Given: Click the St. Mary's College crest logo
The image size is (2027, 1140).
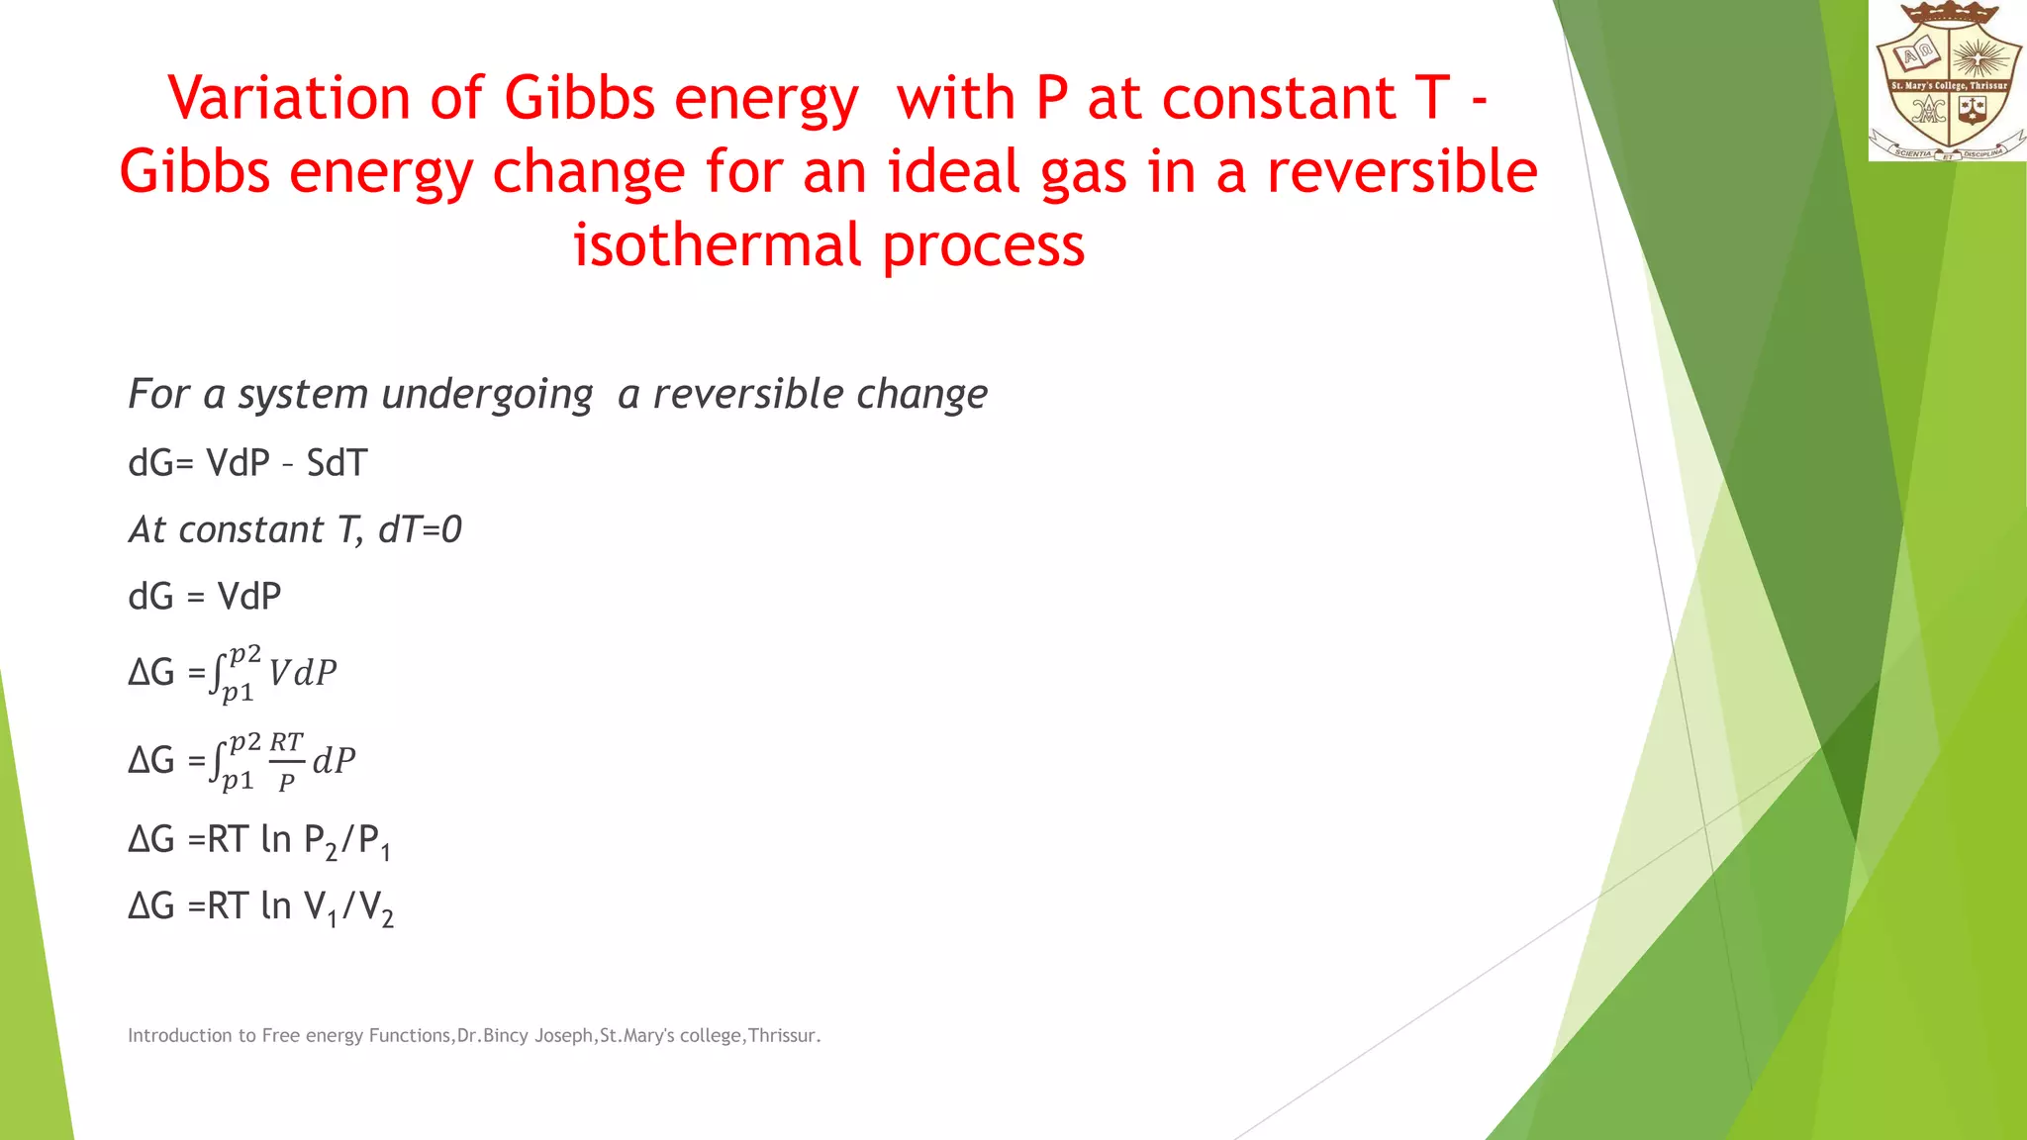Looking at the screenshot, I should [1947, 81].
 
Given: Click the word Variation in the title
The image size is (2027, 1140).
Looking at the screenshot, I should [288, 99].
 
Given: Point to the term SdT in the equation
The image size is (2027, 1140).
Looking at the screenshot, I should [337, 463].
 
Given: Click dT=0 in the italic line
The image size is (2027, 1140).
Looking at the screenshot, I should [420, 530].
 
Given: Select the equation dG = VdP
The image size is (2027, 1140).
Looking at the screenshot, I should [205, 597].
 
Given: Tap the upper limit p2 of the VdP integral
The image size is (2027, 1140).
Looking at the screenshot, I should [244, 654].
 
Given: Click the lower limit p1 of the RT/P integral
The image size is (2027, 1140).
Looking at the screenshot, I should [238, 781].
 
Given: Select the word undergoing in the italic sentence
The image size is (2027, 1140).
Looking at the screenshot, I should [487, 395].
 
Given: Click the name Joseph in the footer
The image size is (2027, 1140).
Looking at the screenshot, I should [563, 1035].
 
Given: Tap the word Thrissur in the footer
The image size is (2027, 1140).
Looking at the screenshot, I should [783, 1035].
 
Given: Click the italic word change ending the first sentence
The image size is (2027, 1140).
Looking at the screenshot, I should [921, 395].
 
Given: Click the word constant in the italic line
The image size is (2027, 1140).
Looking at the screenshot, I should [250, 530].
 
